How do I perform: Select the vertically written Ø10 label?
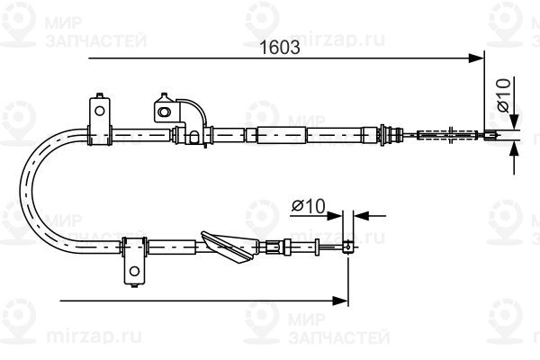pos(505,95)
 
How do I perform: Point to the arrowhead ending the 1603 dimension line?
pos(477,58)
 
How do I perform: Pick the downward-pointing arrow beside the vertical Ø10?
pos(513,125)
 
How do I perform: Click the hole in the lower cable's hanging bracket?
pos(133,269)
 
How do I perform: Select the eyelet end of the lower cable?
pos(348,246)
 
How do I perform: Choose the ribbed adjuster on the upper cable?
pos(391,136)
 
